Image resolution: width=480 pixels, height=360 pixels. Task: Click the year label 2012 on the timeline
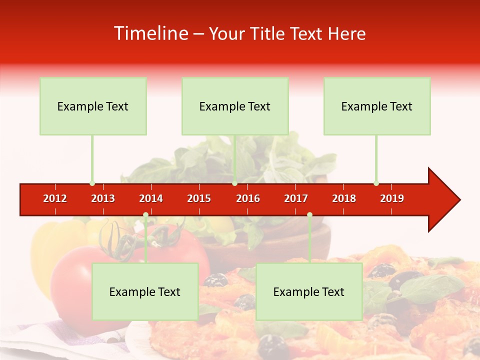[x=55, y=198]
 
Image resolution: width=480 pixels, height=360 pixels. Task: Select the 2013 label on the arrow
[x=103, y=198]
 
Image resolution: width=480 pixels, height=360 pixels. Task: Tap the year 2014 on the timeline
[x=151, y=198]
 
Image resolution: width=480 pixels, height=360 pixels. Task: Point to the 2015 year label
[x=199, y=198]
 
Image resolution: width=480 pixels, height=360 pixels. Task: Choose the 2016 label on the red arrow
[x=248, y=198]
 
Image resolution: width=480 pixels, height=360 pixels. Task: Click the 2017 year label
[x=296, y=198]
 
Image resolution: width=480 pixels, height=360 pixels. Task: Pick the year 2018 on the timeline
[x=344, y=198]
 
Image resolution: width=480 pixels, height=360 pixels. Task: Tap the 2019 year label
[x=392, y=198]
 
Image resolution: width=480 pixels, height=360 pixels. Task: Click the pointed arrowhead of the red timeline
[x=445, y=200]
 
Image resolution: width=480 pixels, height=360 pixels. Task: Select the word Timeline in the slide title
[x=150, y=33]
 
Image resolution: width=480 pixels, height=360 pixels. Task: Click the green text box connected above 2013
[x=93, y=106]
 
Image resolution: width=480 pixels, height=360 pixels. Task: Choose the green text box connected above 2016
[x=235, y=106]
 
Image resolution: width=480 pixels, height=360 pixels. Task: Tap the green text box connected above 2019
[x=377, y=106]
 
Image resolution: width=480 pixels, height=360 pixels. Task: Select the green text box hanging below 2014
[x=145, y=291]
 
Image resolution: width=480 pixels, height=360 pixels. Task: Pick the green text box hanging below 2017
[x=309, y=291]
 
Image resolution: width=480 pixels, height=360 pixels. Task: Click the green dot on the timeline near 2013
[x=92, y=183]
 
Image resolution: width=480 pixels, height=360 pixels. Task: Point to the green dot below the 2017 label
[x=309, y=215]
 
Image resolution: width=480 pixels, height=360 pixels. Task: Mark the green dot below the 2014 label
[x=145, y=215]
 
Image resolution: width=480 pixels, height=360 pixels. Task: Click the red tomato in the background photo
[x=75, y=280]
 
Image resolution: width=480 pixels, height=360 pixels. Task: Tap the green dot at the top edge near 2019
[x=376, y=183]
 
